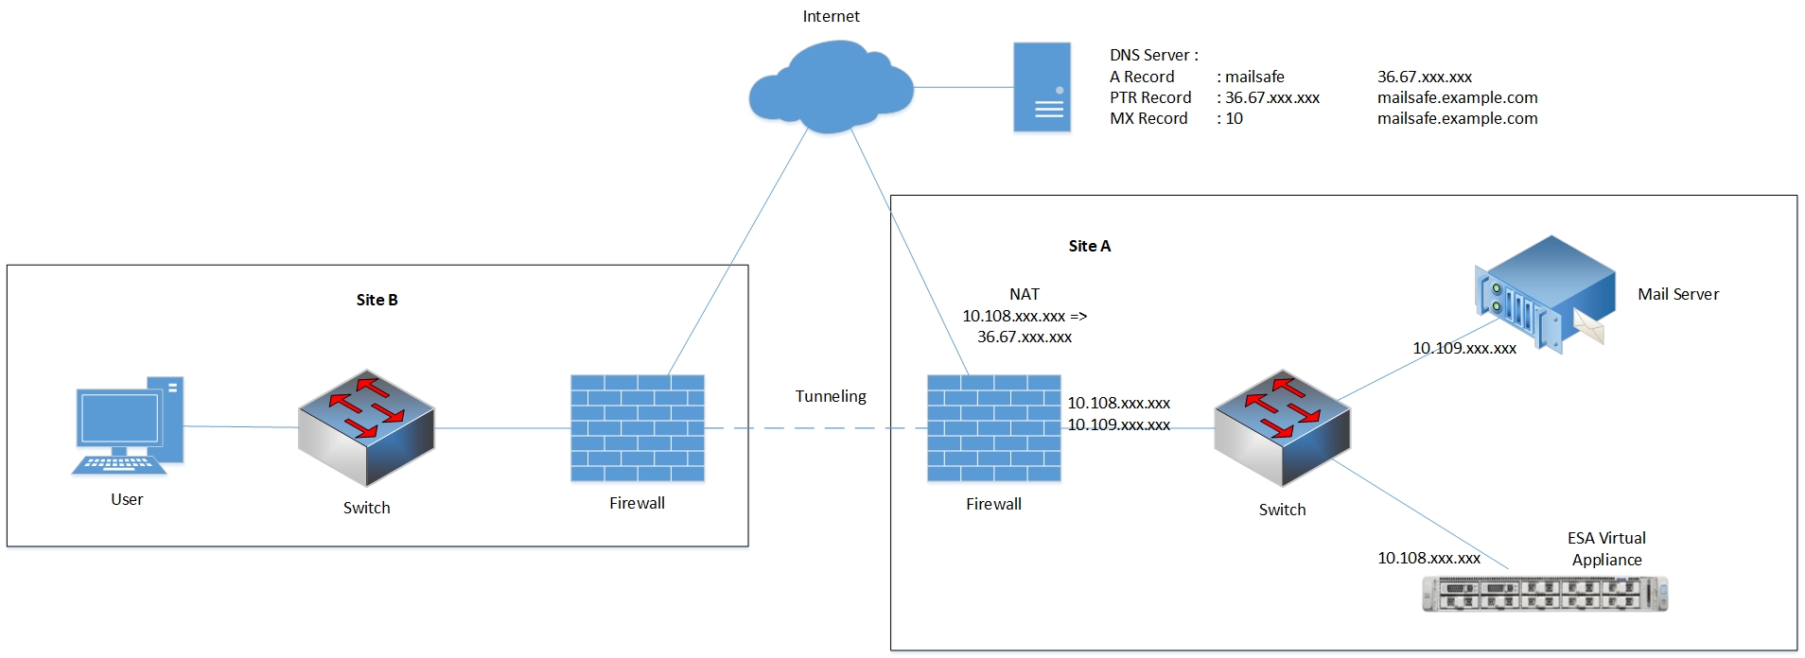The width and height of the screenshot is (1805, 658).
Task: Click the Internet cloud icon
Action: (831, 87)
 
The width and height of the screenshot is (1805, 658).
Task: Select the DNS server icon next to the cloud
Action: (1042, 87)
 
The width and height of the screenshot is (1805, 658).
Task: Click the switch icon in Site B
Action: (366, 428)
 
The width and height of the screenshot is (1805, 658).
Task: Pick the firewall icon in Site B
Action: (637, 428)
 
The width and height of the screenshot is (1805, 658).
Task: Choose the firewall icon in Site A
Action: (993, 428)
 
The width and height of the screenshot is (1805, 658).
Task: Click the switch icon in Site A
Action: (1282, 428)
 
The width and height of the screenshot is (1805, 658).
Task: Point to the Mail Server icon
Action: (1544, 293)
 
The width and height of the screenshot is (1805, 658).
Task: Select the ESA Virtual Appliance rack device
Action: (1544, 594)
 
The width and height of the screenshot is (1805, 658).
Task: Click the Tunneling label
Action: (830, 396)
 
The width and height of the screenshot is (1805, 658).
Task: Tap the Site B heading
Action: (377, 300)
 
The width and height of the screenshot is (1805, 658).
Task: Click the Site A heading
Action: (1089, 246)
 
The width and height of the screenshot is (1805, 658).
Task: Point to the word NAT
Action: (1024, 294)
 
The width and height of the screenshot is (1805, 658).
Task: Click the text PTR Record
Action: (1149, 97)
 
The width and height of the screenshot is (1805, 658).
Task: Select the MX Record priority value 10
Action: (1234, 118)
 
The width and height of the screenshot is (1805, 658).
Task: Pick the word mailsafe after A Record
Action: (1254, 77)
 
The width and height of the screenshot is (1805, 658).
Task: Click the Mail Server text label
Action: (1677, 294)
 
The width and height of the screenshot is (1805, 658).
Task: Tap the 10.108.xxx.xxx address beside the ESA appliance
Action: (1428, 558)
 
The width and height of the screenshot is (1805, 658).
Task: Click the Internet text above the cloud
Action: (831, 16)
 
